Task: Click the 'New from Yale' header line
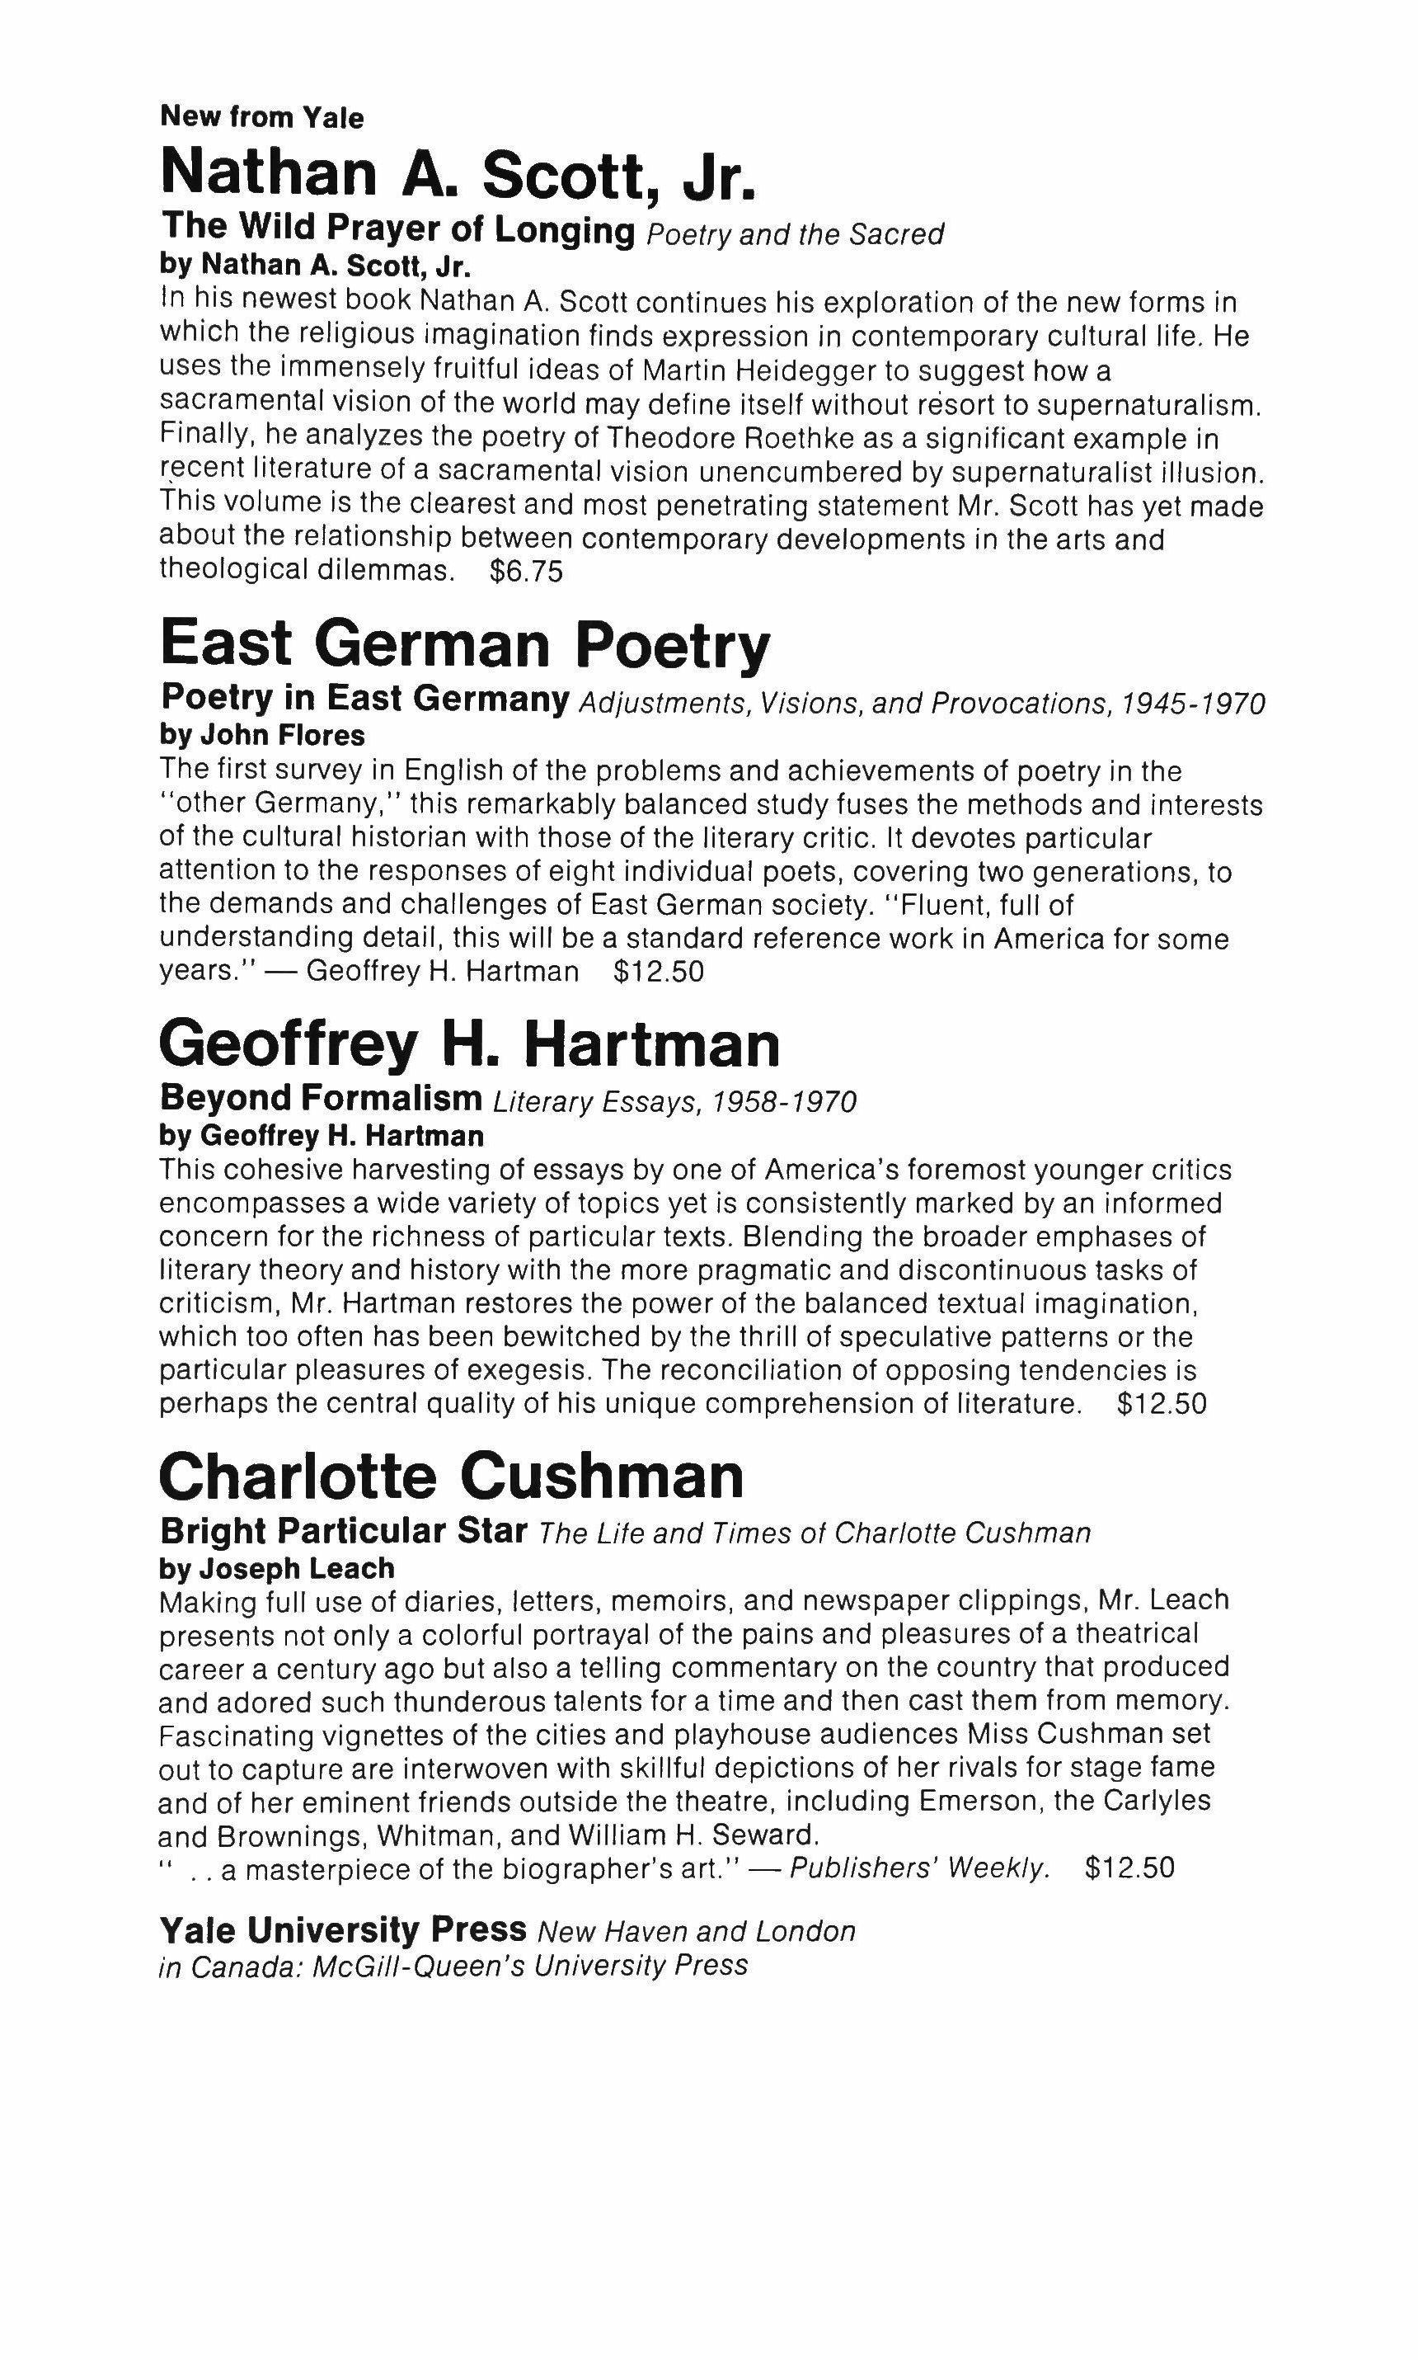(x=262, y=118)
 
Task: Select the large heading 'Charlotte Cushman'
(x=451, y=1476)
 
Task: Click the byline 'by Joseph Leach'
(x=276, y=1569)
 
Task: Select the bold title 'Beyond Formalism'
(x=321, y=1098)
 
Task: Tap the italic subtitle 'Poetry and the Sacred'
(x=795, y=234)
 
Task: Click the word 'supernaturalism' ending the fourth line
(x=1148, y=405)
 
